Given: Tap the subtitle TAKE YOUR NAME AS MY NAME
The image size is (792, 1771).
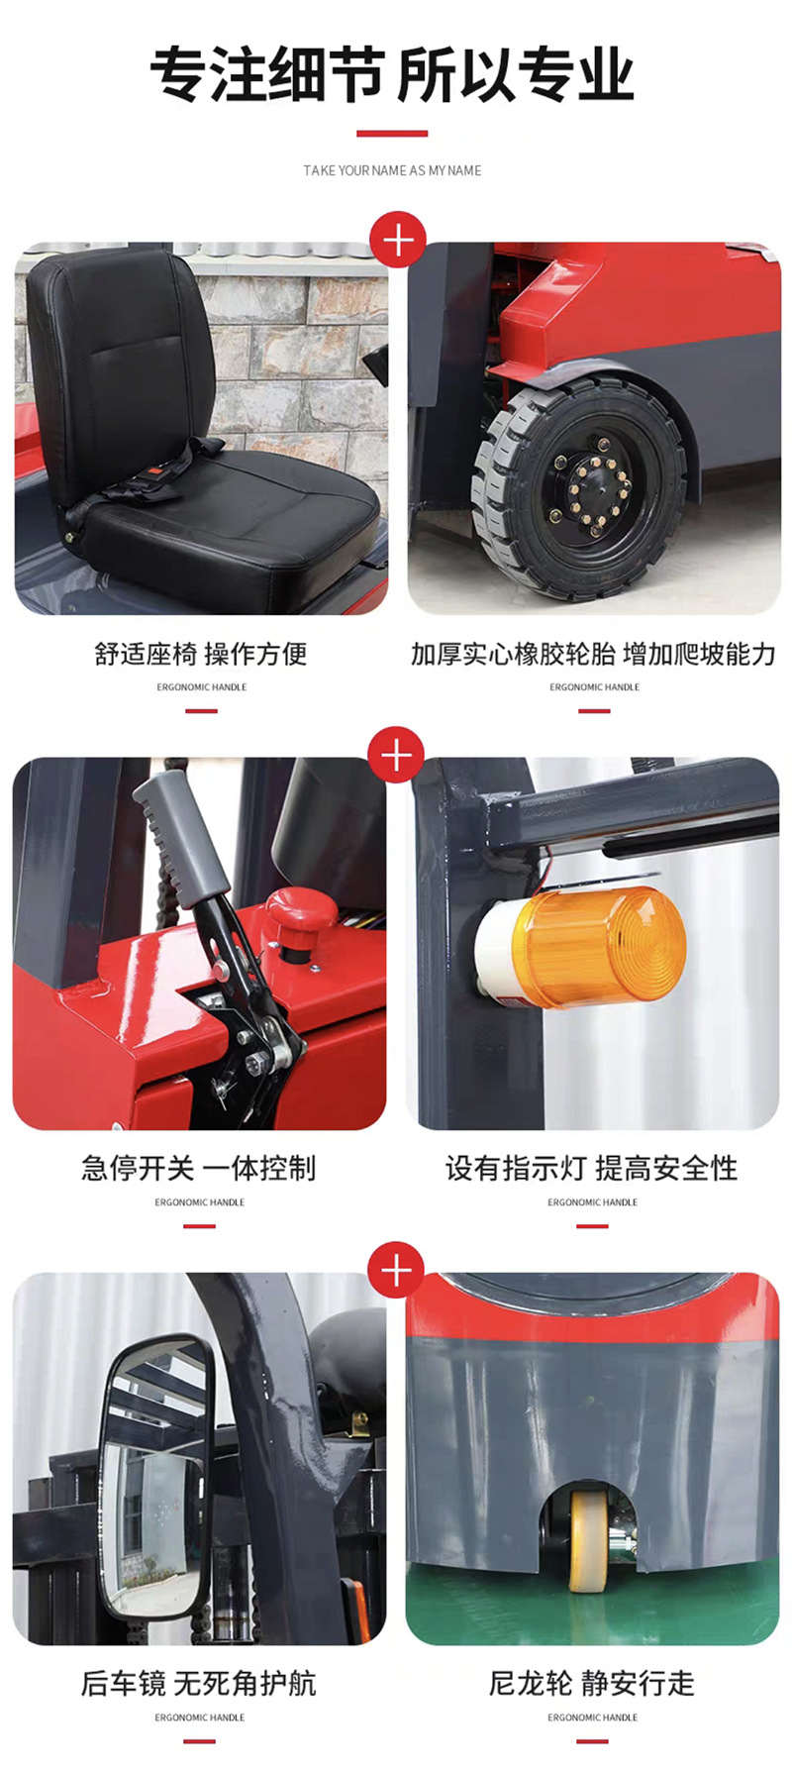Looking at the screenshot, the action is [392, 170].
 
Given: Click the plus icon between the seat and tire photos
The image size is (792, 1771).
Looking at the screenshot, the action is [397, 241].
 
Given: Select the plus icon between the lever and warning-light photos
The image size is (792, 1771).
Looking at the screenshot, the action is [396, 756].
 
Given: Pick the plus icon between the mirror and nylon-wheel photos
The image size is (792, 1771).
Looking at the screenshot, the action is [396, 1271].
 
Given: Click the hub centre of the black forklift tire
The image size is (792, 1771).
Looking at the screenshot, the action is [592, 488].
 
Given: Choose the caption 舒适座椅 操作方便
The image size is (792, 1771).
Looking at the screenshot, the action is [201, 654].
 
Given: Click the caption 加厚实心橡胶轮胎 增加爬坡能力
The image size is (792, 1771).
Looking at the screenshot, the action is [593, 654].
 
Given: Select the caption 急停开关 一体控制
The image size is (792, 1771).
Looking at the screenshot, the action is [199, 1169].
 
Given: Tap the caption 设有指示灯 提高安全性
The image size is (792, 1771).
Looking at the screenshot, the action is [592, 1169].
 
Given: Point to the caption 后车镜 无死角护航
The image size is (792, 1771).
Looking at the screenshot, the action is [199, 1684].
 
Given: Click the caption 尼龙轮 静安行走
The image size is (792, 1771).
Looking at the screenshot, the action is [592, 1684].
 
